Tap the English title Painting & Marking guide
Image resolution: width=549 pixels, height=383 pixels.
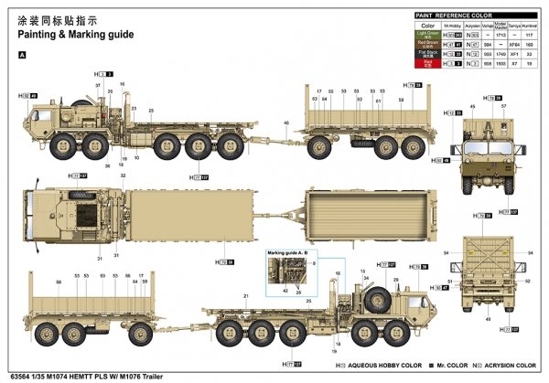coord(75,34)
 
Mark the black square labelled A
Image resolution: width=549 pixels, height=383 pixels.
coord(21,55)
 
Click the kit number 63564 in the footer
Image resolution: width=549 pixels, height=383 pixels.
coord(18,375)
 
